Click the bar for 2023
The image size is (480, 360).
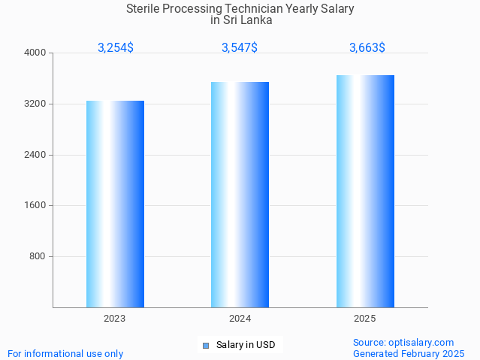coord(115,204)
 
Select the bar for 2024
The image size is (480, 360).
coord(240,195)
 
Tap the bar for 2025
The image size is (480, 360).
coord(365,191)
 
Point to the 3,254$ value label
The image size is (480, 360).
coord(116,47)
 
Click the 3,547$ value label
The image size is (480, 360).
coord(240,47)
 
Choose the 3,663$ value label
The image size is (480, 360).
coord(367,47)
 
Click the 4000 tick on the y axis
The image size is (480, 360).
coord(36,53)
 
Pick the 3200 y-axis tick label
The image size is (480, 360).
coord(36,104)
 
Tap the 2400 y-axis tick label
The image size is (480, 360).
coord(36,155)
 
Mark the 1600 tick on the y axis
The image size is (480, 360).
coord(36,205)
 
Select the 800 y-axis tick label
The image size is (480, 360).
coord(38,256)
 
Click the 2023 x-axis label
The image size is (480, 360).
coord(115,319)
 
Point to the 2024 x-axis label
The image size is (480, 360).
coord(240,319)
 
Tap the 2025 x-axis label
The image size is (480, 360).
coord(365,319)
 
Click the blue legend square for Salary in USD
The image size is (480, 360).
coord(205,346)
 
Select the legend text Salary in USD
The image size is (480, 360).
coord(246,345)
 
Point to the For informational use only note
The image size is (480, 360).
coord(65,353)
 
